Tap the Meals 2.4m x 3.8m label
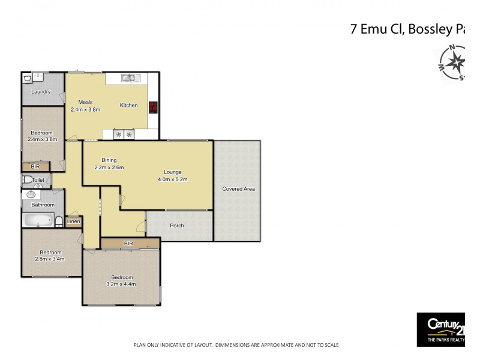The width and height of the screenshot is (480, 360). tap(85, 106)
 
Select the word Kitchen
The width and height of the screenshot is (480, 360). tap(128, 106)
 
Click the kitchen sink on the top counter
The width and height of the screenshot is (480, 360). tap(130, 77)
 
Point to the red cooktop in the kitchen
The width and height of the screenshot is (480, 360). tap(153, 107)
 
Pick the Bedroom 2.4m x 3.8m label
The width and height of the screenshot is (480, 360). tap(42, 136)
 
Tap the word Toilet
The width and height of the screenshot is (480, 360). tap(38, 179)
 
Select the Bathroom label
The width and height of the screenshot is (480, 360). tap(43, 205)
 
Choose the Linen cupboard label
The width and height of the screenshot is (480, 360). tap(73, 221)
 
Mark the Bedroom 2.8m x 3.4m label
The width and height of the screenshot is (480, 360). tap(50, 256)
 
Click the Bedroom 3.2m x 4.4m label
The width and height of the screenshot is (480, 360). tap(122, 280)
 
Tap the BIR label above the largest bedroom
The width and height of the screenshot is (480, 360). tap(128, 244)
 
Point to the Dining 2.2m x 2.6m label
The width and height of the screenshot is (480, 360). tap(109, 164)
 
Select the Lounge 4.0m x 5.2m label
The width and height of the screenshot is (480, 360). tap(173, 176)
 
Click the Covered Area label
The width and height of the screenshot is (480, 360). tap(238, 189)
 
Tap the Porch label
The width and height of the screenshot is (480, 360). tap(176, 226)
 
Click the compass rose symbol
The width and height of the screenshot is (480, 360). tap(455, 61)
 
